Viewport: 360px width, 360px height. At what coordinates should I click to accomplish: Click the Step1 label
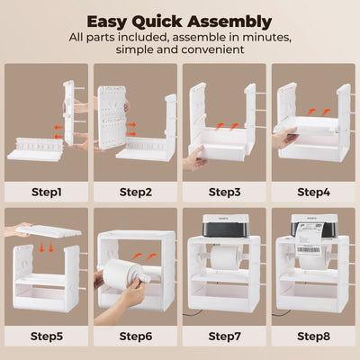[x=46, y=192]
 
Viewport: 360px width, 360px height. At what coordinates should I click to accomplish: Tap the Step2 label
[x=135, y=192]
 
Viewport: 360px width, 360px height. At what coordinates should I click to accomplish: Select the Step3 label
[x=224, y=192]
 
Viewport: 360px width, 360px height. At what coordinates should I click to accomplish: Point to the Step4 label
[x=313, y=192]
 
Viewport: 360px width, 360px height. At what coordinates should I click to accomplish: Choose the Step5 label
[x=46, y=338]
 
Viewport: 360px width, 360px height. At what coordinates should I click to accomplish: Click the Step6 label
[x=135, y=338]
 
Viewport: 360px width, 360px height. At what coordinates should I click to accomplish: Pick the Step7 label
[x=224, y=338]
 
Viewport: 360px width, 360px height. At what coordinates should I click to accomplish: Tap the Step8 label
[x=313, y=338]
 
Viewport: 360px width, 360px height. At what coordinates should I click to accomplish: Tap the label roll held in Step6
[x=126, y=269]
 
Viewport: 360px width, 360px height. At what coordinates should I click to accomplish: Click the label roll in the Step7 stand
[x=224, y=260]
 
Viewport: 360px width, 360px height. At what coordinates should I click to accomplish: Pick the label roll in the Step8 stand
[x=313, y=260]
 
